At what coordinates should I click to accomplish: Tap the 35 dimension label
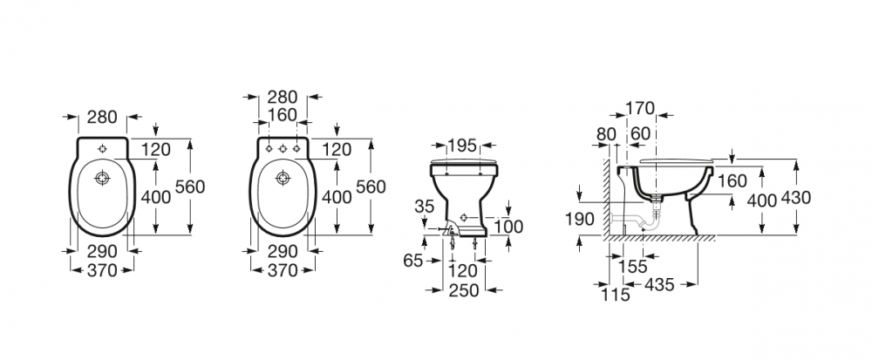426,207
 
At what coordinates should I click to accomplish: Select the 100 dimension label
509,227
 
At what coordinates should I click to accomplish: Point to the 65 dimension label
413,260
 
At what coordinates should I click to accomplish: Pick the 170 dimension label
639,110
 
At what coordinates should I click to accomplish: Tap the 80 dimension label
608,133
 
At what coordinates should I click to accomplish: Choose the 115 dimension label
616,295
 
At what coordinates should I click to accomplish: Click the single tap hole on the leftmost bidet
103,146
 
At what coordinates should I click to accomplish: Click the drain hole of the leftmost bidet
103,180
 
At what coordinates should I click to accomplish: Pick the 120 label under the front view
463,271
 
